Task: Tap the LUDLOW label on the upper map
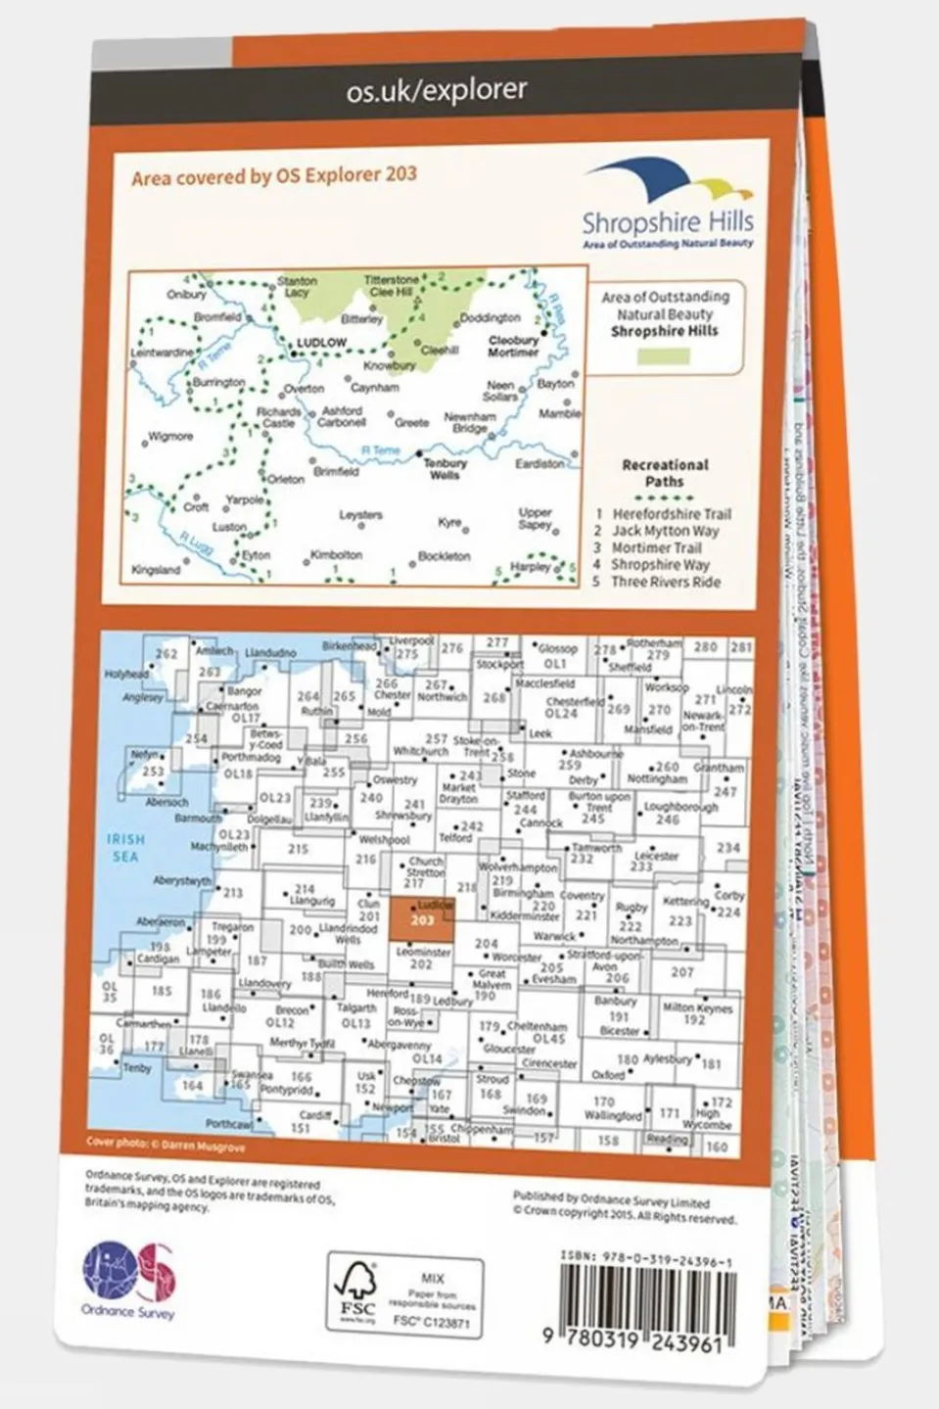pos(320,343)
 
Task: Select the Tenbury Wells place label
pos(445,469)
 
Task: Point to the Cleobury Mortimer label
pos(513,347)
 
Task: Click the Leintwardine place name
pos(163,352)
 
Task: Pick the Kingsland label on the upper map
pos(156,570)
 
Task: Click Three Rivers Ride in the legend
pos(665,582)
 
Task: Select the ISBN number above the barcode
pos(645,1263)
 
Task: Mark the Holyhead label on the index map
pos(126,674)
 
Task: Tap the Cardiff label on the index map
pos(314,1115)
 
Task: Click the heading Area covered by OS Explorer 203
pos(274,176)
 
